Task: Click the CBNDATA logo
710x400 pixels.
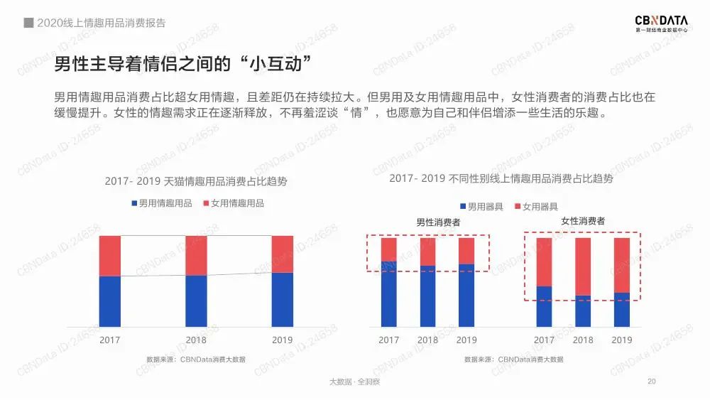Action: pyautogui.click(x=660, y=22)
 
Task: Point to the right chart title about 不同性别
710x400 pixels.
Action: pyautogui.click(x=501, y=178)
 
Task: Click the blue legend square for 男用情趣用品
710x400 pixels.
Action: pyautogui.click(x=133, y=203)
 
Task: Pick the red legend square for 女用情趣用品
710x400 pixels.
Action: pyautogui.click(x=206, y=203)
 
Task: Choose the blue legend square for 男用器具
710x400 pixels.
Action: pyautogui.click(x=462, y=207)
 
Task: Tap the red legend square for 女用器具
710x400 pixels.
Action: pyautogui.click(x=517, y=207)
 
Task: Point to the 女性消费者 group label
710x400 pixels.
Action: pyautogui.click(x=583, y=221)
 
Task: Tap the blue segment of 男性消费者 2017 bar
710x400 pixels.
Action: pyautogui.click(x=389, y=294)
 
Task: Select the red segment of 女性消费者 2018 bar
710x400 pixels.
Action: pyautogui.click(x=583, y=266)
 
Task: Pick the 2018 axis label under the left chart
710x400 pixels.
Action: pyautogui.click(x=196, y=340)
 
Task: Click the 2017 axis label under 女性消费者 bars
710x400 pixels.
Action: pyautogui.click(x=544, y=340)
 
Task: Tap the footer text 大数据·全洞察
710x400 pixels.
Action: pyautogui.click(x=354, y=382)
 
